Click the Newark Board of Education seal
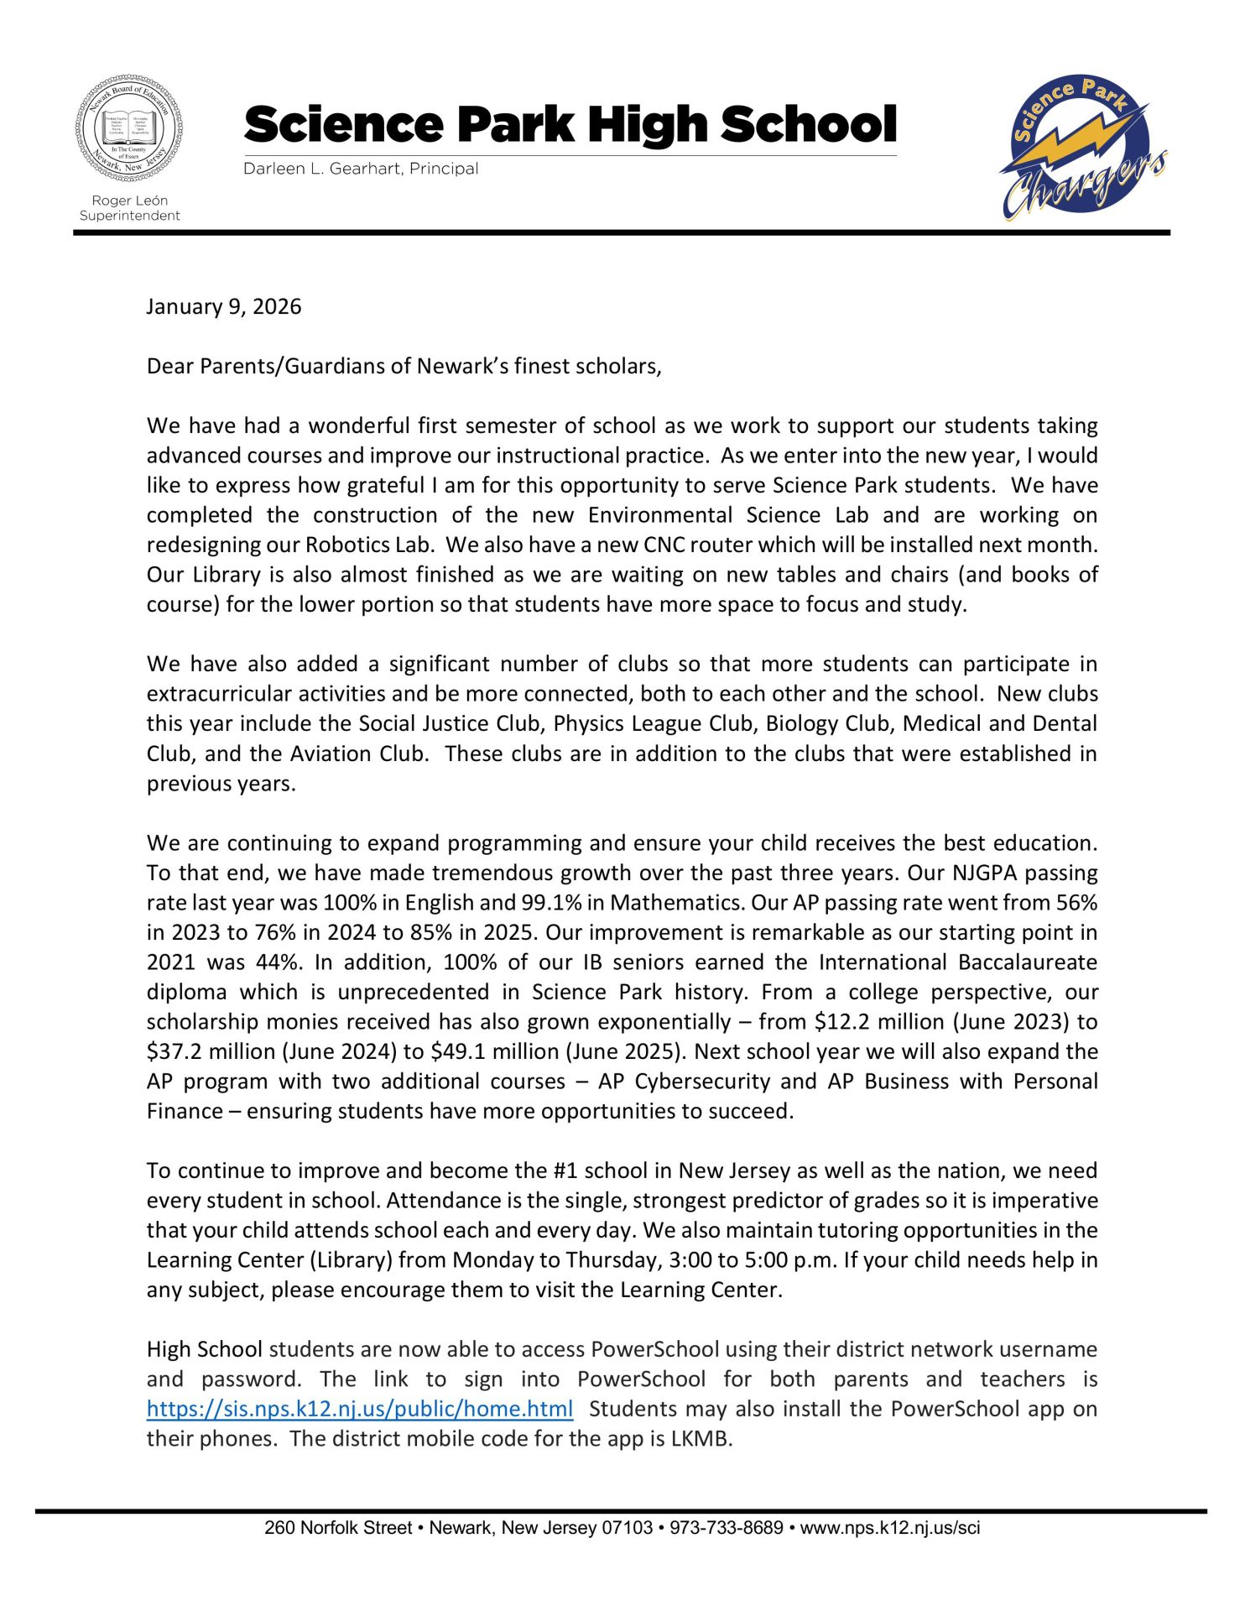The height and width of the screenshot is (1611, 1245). click(129, 131)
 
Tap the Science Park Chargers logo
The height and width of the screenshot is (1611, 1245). click(1082, 148)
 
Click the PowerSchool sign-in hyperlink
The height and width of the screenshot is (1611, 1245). click(360, 1409)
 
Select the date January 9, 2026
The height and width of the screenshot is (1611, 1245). click(224, 306)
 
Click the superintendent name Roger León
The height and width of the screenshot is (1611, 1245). click(129, 201)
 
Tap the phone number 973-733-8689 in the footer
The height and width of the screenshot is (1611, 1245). click(727, 1528)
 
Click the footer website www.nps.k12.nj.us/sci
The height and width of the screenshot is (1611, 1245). click(889, 1528)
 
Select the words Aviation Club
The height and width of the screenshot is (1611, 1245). click(357, 753)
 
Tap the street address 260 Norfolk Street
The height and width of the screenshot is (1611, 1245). click(337, 1528)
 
